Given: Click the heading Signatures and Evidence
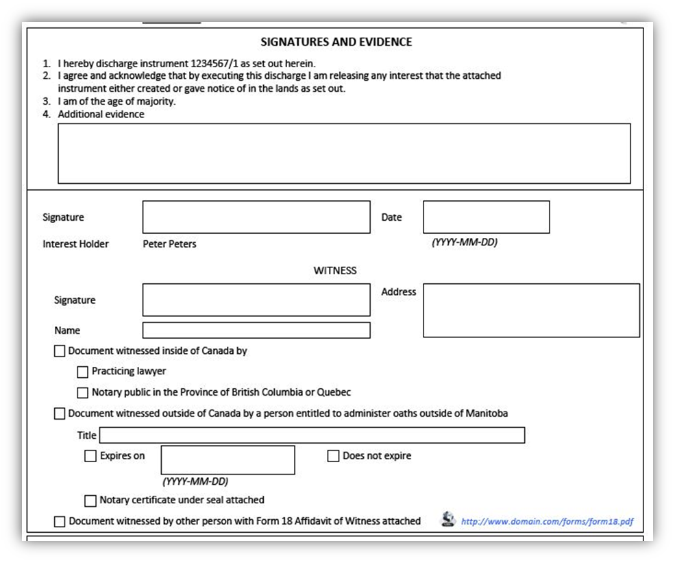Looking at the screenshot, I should [x=336, y=42].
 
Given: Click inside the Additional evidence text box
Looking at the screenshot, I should [x=343, y=153].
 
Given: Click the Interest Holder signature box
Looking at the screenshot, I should [x=256, y=217].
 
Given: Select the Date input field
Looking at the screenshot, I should [x=486, y=217].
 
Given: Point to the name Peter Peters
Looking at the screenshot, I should [x=169, y=244].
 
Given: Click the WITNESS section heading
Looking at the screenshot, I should [x=335, y=270].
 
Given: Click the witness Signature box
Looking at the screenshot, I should [x=256, y=300].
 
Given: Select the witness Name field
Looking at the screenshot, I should [x=256, y=331].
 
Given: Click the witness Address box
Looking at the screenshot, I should [x=531, y=311].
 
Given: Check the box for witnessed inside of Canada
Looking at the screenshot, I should [x=60, y=351].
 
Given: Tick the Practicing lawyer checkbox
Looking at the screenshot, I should [x=83, y=372].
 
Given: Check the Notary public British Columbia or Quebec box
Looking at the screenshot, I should [x=83, y=393].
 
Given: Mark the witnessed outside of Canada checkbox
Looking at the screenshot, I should [x=60, y=414].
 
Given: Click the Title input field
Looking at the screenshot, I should [x=312, y=435].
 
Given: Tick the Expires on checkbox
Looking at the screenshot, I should [x=90, y=456].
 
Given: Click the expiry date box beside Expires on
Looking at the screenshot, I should [x=228, y=459].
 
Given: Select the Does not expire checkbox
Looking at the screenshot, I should [x=334, y=456].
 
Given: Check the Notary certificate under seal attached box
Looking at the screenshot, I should [x=90, y=501].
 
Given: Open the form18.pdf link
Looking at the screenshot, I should [x=547, y=521].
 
